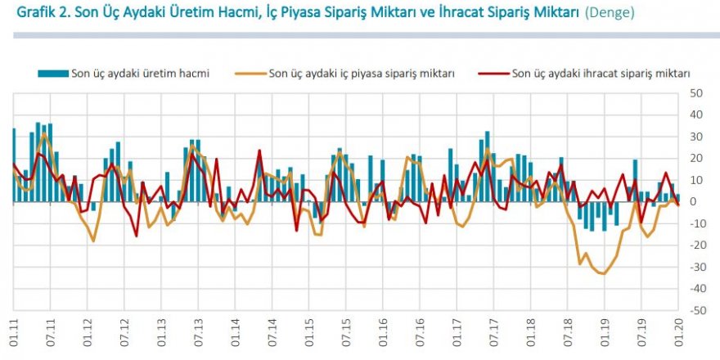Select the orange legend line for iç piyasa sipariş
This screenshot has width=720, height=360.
[250, 74]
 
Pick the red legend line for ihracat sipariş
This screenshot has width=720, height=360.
[493, 74]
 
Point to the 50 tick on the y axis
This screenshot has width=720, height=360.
[697, 93]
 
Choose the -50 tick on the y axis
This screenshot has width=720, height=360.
[696, 311]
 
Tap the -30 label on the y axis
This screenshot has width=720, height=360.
[696, 268]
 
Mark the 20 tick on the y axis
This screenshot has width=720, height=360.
[697, 159]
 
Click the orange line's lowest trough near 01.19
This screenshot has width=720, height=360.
[604, 274]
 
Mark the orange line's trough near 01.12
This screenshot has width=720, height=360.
[93, 241]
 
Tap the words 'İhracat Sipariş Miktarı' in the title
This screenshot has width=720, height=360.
[489, 14]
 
